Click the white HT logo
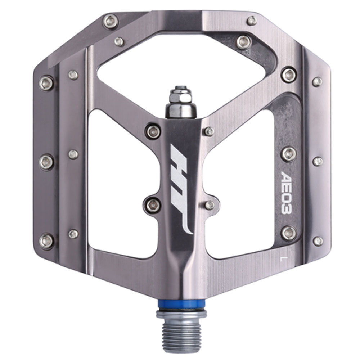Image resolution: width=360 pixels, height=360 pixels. point(181,188)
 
